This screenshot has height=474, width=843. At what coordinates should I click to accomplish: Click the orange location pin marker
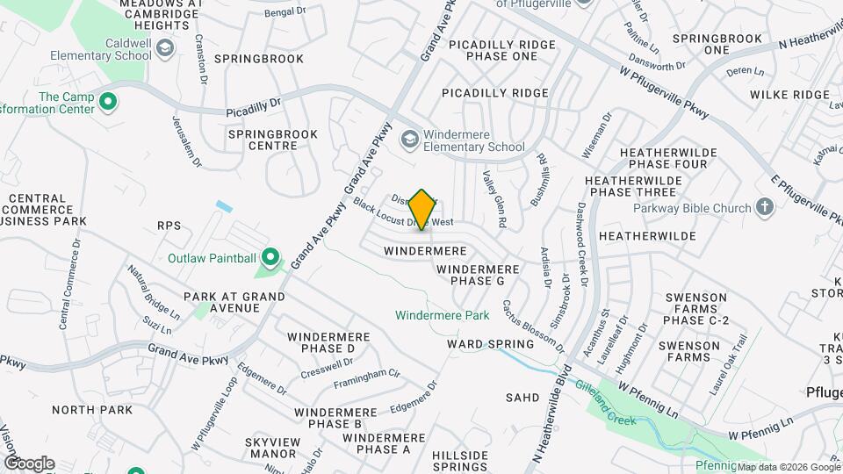pyautogui.click(x=422, y=210)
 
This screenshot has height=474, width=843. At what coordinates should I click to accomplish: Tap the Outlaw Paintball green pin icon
pyautogui.click(x=270, y=258)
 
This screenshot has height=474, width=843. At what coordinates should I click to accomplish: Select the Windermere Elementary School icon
pyautogui.click(x=409, y=140)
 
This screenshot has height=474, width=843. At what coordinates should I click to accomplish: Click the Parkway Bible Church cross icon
pyautogui.click(x=765, y=208)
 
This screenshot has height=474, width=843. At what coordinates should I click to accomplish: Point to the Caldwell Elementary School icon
pyautogui.click(x=164, y=50)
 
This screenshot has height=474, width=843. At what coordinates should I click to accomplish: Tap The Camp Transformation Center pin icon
pyautogui.click(x=108, y=104)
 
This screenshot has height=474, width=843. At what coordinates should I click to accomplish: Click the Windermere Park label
pyautogui.click(x=442, y=315)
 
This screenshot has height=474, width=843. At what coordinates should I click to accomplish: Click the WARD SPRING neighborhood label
pyautogui.click(x=490, y=344)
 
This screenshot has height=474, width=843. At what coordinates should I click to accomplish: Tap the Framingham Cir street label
pyautogui.click(x=366, y=380)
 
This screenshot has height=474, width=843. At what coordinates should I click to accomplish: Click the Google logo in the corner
pyautogui.click(x=28, y=463)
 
